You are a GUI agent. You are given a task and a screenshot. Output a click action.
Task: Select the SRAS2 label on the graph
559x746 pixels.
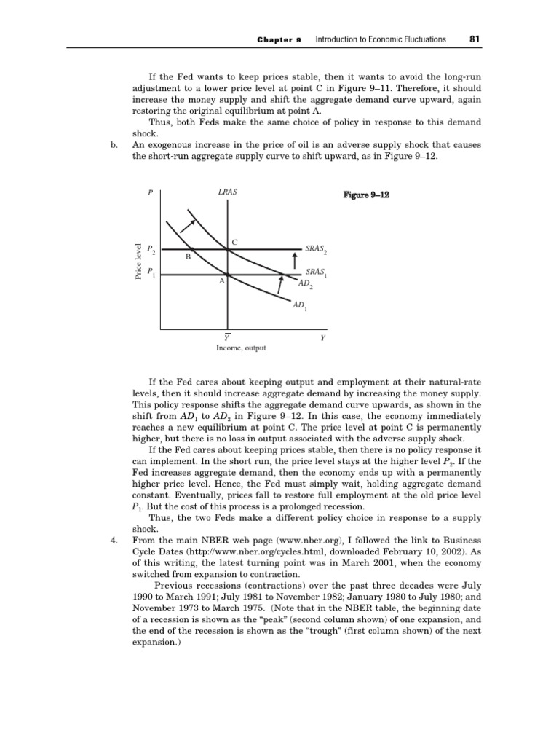316,250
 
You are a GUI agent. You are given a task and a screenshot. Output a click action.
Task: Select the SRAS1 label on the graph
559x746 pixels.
316,272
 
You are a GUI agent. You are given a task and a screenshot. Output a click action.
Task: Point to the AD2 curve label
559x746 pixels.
306,283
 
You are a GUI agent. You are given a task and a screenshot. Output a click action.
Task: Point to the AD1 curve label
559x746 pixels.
299,308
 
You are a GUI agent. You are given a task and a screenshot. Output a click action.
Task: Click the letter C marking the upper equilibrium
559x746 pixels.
234,241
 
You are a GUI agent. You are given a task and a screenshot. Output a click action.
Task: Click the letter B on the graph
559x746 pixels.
187,257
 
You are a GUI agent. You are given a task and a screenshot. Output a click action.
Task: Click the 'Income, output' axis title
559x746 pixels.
241,348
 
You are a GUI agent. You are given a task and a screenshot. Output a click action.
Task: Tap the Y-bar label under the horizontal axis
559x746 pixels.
227,337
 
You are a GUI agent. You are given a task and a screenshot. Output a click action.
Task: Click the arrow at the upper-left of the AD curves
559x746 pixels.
187,217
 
